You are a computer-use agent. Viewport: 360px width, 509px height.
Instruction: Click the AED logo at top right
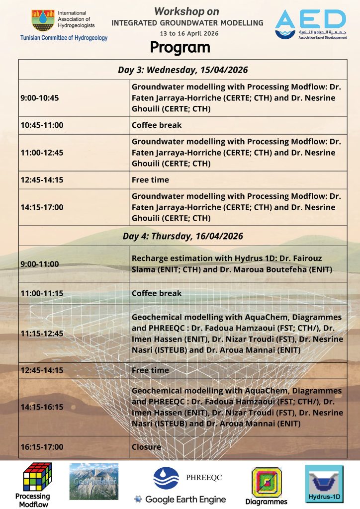[x=310, y=24]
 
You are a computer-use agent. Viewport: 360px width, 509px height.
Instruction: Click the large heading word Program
[x=180, y=48]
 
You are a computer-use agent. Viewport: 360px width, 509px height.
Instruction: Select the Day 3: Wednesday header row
[x=183, y=70]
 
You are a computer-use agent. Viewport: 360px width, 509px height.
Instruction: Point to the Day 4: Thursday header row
[x=183, y=236]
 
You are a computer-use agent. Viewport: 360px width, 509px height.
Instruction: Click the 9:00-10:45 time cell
[x=40, y=98]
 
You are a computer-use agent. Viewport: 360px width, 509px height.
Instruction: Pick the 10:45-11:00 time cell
[x=42, y=125]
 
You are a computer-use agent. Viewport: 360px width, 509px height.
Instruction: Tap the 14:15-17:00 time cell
[x=42, y=207]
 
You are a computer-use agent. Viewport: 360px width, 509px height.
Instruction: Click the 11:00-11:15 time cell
[x=42, y=293]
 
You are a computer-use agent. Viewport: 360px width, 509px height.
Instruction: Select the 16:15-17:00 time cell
[x=42, y=447]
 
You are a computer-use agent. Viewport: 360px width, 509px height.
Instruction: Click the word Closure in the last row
[x=146, y=447]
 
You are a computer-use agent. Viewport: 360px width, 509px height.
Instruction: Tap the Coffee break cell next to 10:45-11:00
[x=157, y=125]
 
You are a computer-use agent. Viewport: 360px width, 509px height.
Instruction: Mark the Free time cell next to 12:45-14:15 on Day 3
[x=150, y=180]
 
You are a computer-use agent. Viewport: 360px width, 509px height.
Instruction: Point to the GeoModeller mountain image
[x=94, y=481]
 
